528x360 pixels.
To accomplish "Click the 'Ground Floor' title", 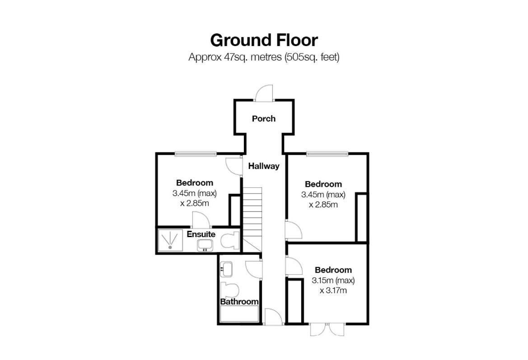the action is click(x=264, y=40).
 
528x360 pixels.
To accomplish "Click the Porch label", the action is click(x=264, y=118).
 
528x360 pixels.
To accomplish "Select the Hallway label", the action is click(x=264, y=166).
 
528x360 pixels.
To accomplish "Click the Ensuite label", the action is click(x=201, y=234).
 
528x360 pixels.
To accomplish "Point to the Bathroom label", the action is click(x=239, y=301).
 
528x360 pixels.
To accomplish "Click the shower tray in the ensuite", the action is click(x=170, y=240).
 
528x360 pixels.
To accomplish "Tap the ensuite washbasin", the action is click(x=205, y=245).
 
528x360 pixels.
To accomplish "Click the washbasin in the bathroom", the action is click(x=226, y=269).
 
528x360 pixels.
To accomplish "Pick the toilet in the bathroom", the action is click(x=229, y=290).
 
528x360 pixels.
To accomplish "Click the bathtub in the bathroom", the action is click(x=239, y=313).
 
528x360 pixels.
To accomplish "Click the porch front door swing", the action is click(x=264, y=93).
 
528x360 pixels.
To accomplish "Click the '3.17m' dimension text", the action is click(x=333, y=290).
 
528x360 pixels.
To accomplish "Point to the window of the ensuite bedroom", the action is click(x=196, y=154).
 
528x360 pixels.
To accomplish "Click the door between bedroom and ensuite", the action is click(x=201, y=219).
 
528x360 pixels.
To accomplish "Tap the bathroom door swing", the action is click(x=254, y=269).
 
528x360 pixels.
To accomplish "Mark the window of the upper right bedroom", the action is click(x=327, y=154).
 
